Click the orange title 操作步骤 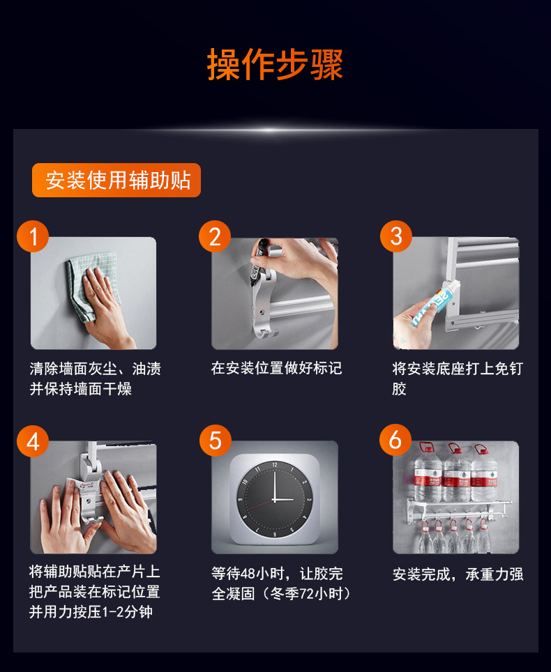pos(275,64)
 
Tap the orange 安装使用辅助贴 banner pos(116,180)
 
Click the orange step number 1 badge pos(33,236)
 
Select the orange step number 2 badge pos(215,236)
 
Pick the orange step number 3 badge pos(396,236)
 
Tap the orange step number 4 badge pos(33,441)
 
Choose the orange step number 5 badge pos(216,441)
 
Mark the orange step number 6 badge pos(395,440)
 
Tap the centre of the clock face pos(275,500)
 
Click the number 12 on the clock pos(275,464)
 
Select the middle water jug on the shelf pos(456,475)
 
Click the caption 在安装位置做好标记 pos(276,368)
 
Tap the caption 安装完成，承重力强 pos(458,574)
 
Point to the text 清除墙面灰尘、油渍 pos(95,369)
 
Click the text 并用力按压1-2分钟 pos(91,611)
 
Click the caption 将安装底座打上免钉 pos(458,369)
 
